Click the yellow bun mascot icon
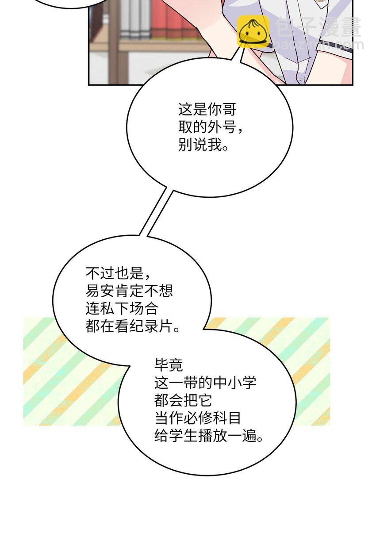(x=253, y=32)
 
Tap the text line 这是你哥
(x=207, y=110)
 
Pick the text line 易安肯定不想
(x=129, y=291)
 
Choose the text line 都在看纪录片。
(x=133, y=326)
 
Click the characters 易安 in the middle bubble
(x=100, y=291)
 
